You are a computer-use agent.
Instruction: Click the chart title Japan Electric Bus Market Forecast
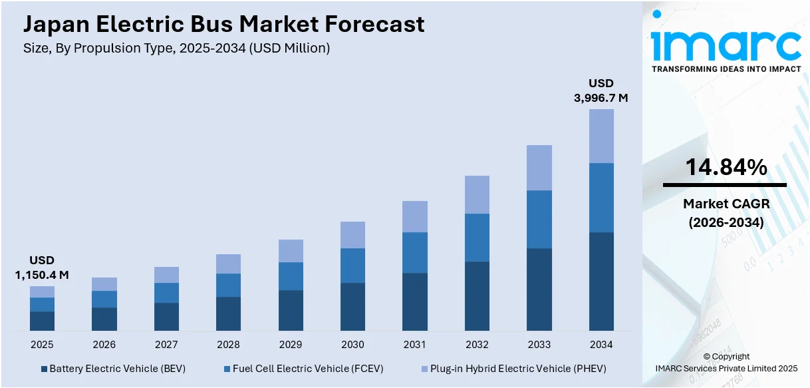[x=223, y=24]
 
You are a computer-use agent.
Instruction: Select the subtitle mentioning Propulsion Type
[x=176, y=48]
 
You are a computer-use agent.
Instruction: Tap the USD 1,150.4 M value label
[x=42, y=268]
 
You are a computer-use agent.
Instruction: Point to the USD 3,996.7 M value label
[x=601, y=91]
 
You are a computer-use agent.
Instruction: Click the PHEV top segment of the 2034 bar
[x=601, y=136]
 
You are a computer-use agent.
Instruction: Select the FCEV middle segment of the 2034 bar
[x=601, y=198]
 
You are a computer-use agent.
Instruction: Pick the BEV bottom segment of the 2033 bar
[x=539, y=290]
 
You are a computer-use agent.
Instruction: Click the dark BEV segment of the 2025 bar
[x=42, y=321]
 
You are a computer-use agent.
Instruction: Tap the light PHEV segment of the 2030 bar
[x=352, y=235]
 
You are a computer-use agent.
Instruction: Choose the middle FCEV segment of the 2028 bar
[x=228, y=285]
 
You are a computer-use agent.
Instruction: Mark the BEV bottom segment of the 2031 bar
[x=415, y=301]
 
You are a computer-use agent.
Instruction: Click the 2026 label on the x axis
[x=104, y=345]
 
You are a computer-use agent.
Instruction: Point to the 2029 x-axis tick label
[x=291, y=345]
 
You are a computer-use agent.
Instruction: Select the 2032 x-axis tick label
[x=477, y=345]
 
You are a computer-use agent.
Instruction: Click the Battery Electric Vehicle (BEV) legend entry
[x=113, y=369]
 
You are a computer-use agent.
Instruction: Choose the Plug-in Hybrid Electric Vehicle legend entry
[x=513, y=369]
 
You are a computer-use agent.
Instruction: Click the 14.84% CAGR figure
[x=726, y=168]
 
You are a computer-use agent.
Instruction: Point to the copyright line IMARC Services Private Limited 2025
[x=726, y=368]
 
